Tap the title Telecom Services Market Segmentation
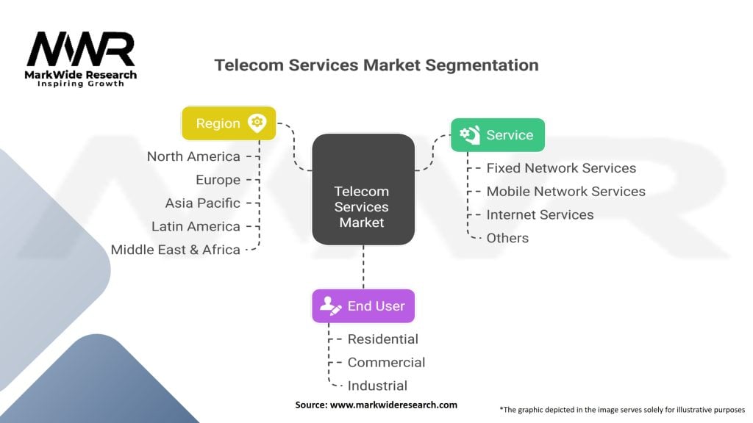(376, 65)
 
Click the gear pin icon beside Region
(256, 123)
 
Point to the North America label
(193, 156)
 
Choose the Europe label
(218, 180)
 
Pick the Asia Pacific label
(202, 203)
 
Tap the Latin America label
(196, 226)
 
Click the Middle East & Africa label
(176, 250)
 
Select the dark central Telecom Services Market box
(362, 189)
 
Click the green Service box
(497, 135)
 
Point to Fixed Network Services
(561, 168)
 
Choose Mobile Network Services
(565, 192)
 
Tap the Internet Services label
(540, 215)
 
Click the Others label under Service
(507, 238)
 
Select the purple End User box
(363, 306)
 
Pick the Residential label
(382, 339)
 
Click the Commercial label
(386, 362)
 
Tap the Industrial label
(377, 386)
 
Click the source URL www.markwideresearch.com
(393, 405)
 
